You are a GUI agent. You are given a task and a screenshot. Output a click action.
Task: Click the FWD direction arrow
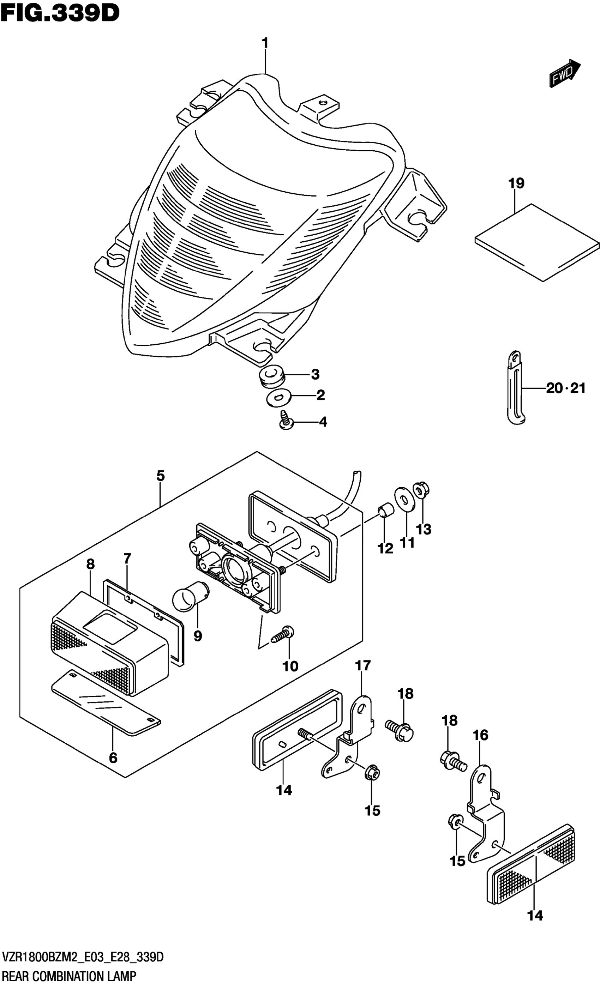pyautogui.click(x=564, y=73)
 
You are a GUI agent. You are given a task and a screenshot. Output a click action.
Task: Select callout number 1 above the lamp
pyautogui.click(x=265, y=43)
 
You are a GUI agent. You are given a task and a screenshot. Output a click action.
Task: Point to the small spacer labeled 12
pyautogui.click(x=385, y=510)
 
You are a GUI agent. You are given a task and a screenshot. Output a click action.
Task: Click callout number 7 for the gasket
pyautogui.click(x=127, y=558)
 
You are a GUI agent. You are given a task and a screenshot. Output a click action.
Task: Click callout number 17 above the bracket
pyautogui.click(x=363, y=665)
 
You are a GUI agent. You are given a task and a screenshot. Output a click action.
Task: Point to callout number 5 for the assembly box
pyautogui.click(x=160, y=476)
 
